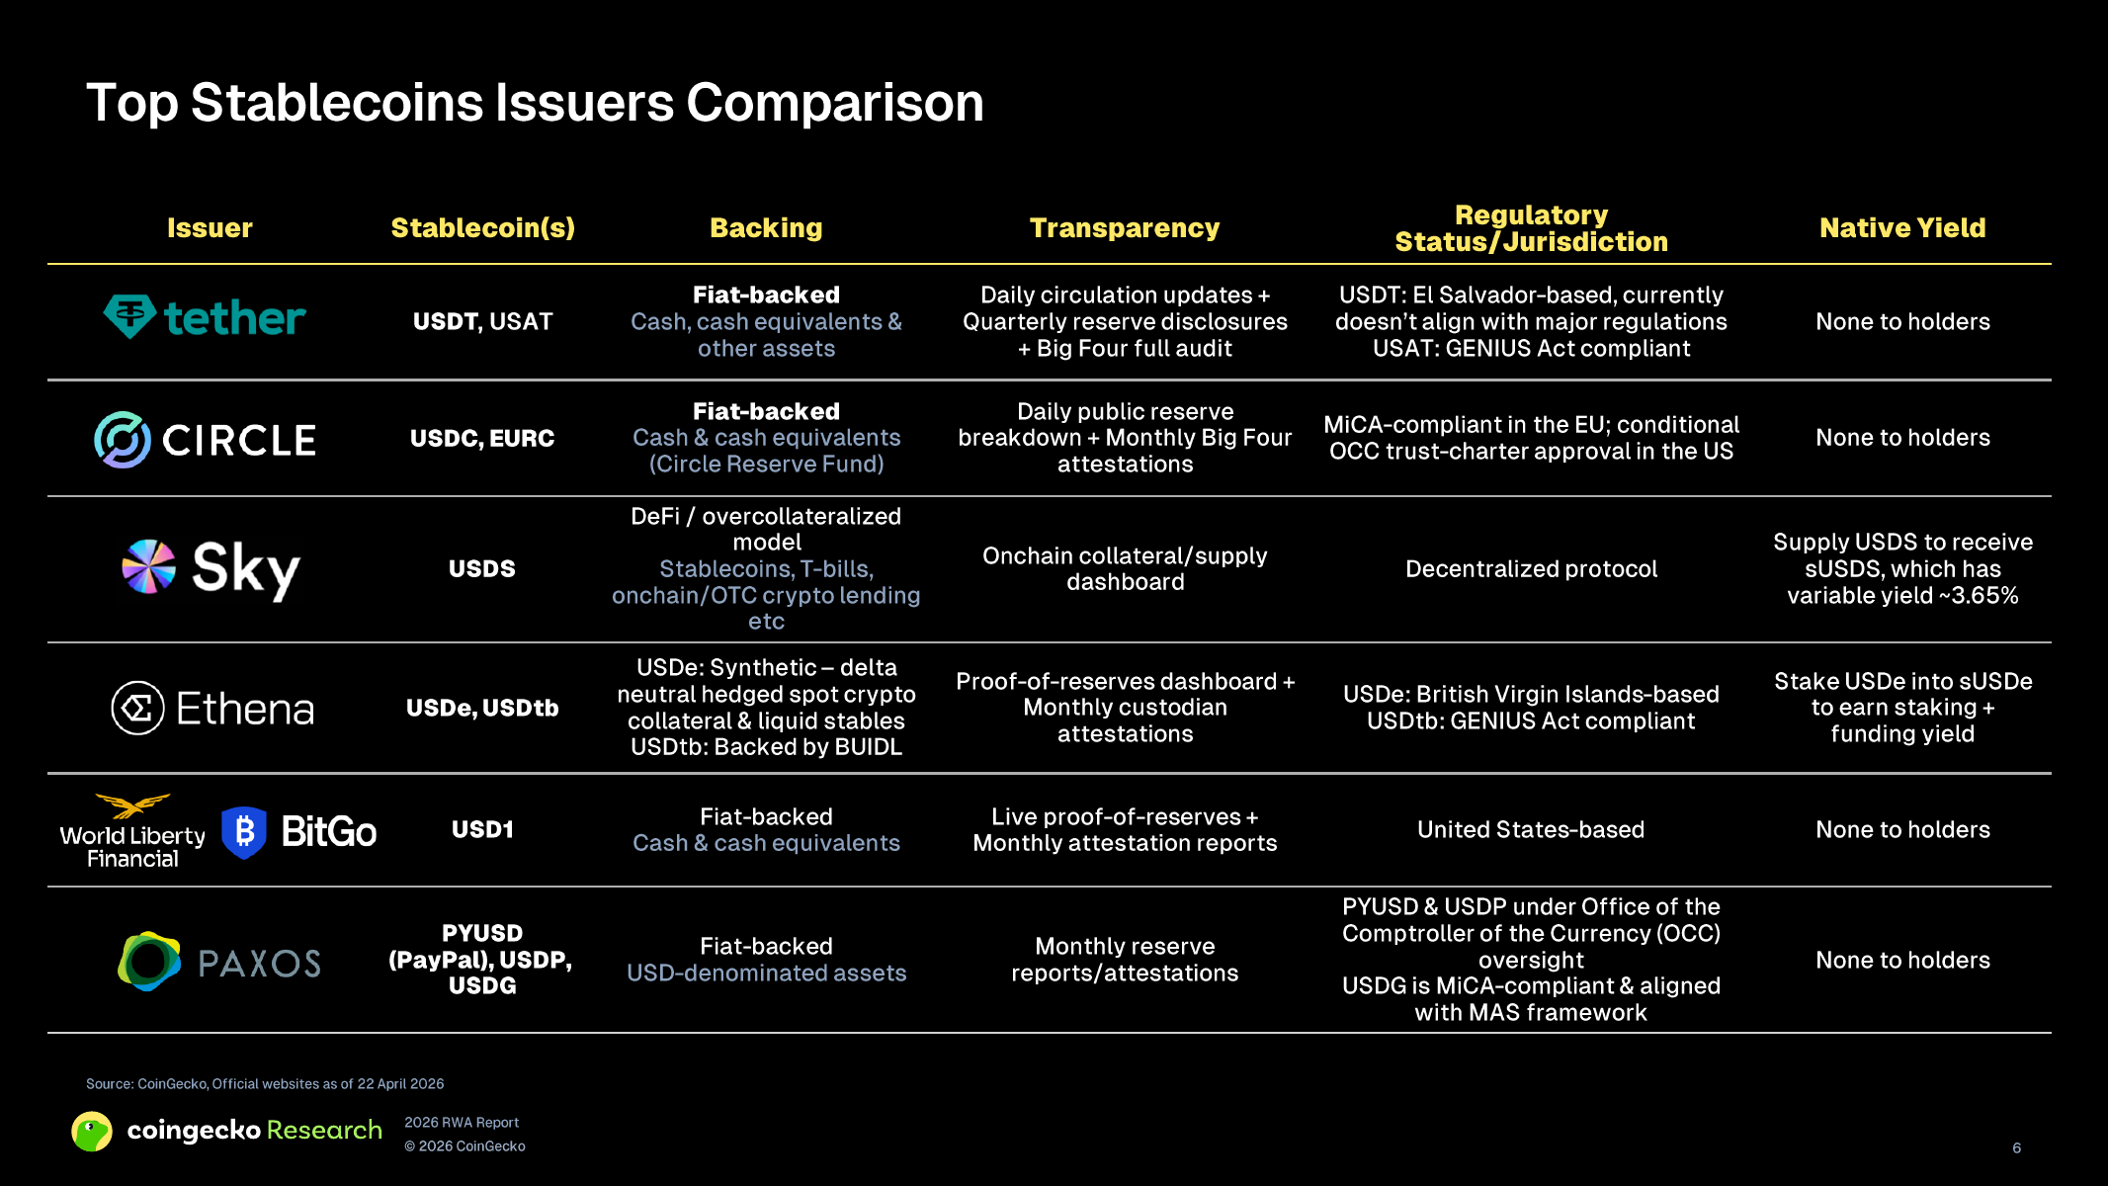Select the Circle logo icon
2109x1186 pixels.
point(123,440)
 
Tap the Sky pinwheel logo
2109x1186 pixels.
point(148,566)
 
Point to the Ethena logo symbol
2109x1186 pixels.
point(137,708)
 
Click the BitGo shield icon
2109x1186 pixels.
point(244,832)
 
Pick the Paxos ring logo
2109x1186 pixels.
point(149,961)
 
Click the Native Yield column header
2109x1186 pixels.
point(1902,228)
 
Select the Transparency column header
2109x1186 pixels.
point(1125,228)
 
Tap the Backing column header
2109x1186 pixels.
point(766,228)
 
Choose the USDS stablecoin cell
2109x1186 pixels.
point(482,569)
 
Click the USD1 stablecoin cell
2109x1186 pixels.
point(482,830)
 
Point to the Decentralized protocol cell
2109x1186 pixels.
point(1531,569)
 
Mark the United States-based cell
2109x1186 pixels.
point(1531,830)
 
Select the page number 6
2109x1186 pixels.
point(2017,1148)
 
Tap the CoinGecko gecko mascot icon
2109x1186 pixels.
point(92,1132)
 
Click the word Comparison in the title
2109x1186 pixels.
point(835,103)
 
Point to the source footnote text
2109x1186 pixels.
point(265,1084)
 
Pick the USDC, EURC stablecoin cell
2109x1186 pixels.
point(482,439)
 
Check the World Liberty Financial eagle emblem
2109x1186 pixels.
point(132,805)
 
